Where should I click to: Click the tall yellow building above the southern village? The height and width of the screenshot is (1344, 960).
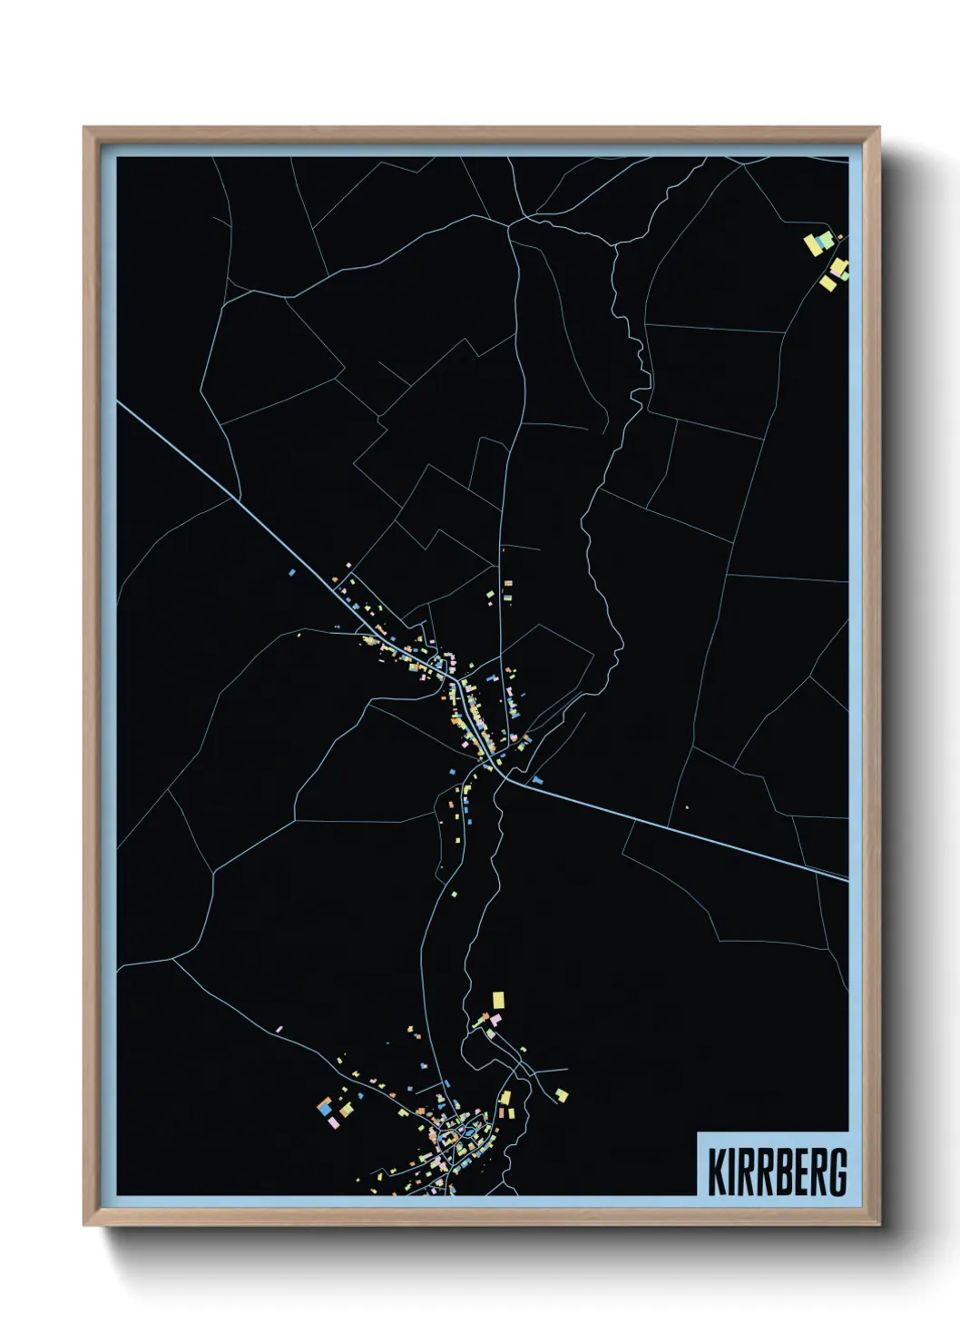click(497, 1000)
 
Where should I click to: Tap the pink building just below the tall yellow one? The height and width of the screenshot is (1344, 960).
click(495, 1019)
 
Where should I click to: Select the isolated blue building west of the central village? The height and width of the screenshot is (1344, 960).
click(291, 573)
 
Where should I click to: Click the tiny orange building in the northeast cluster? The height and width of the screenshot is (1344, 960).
click(839, 238)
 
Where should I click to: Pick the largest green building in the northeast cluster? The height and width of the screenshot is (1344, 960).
click(827, 238)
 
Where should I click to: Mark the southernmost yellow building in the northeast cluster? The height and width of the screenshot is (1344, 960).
click(828, 283)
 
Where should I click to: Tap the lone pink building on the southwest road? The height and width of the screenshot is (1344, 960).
click(279, 1029)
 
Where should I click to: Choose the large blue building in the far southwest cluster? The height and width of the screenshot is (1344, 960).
click(324, 1108)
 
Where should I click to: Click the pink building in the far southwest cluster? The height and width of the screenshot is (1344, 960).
click(333, 1123)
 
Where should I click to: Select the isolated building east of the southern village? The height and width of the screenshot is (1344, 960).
click(562, 1094)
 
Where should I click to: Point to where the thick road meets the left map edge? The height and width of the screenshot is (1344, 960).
click(119, 401)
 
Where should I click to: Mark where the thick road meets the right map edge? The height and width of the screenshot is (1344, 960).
click(847, 878)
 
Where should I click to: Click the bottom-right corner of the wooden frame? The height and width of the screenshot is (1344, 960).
click(879, 1226)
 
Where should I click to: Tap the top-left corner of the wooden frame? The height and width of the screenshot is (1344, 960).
click(84, 128)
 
